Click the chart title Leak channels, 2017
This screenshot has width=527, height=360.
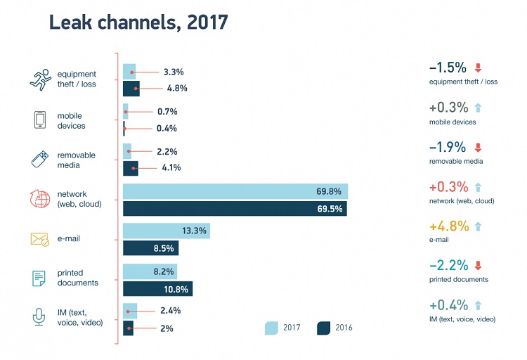coord(138,22)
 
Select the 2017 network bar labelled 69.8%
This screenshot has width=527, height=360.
coord(235,191)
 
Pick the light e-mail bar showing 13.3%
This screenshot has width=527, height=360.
coord(166,231)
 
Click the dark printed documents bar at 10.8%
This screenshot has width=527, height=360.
coord(157,289)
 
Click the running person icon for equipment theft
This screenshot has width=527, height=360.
coord(39,79)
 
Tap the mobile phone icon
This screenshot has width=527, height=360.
coord(39,120)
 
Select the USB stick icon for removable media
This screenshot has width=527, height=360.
coord(39,159)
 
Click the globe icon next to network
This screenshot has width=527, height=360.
coord(39,198)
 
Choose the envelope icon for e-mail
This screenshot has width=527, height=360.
coord(39,239)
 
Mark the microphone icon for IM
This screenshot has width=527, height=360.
coord(39,317)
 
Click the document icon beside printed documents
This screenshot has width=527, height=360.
coord(39,278)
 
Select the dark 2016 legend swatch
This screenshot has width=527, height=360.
coord(325,328)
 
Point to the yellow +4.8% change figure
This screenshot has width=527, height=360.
coord(448,227)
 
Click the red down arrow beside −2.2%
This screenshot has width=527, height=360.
coord(478,266)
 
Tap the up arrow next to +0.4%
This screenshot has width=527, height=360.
coord(478,306)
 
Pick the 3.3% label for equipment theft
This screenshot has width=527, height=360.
coord(173,72)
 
